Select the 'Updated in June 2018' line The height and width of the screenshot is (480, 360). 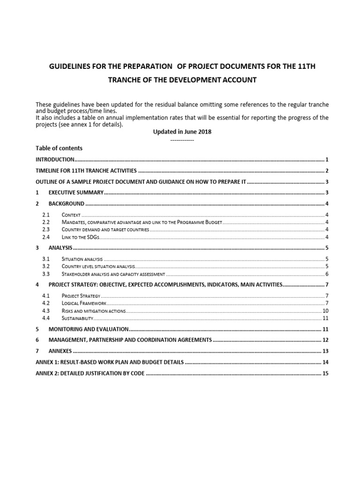point(182,132)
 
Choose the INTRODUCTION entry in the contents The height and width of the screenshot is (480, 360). point(55,159)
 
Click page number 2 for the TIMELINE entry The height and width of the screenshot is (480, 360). point(327,171)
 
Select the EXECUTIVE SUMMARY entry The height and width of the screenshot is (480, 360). point(76,193)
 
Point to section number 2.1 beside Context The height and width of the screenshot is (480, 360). point(45,214)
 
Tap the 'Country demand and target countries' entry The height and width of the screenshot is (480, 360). point(105,230)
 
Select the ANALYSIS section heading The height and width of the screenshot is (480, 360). point(60,248)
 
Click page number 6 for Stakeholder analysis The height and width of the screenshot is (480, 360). point(327,274)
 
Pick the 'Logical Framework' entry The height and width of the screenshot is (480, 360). point(84,303)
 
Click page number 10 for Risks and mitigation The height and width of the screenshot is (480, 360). point(325,311)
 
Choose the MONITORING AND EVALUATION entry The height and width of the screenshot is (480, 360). point(88,329)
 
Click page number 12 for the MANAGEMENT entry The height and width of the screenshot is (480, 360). point(325,340)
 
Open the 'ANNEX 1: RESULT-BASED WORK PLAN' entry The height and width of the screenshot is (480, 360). point(110,362)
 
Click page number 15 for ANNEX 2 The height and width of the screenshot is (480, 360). point(325,374)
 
